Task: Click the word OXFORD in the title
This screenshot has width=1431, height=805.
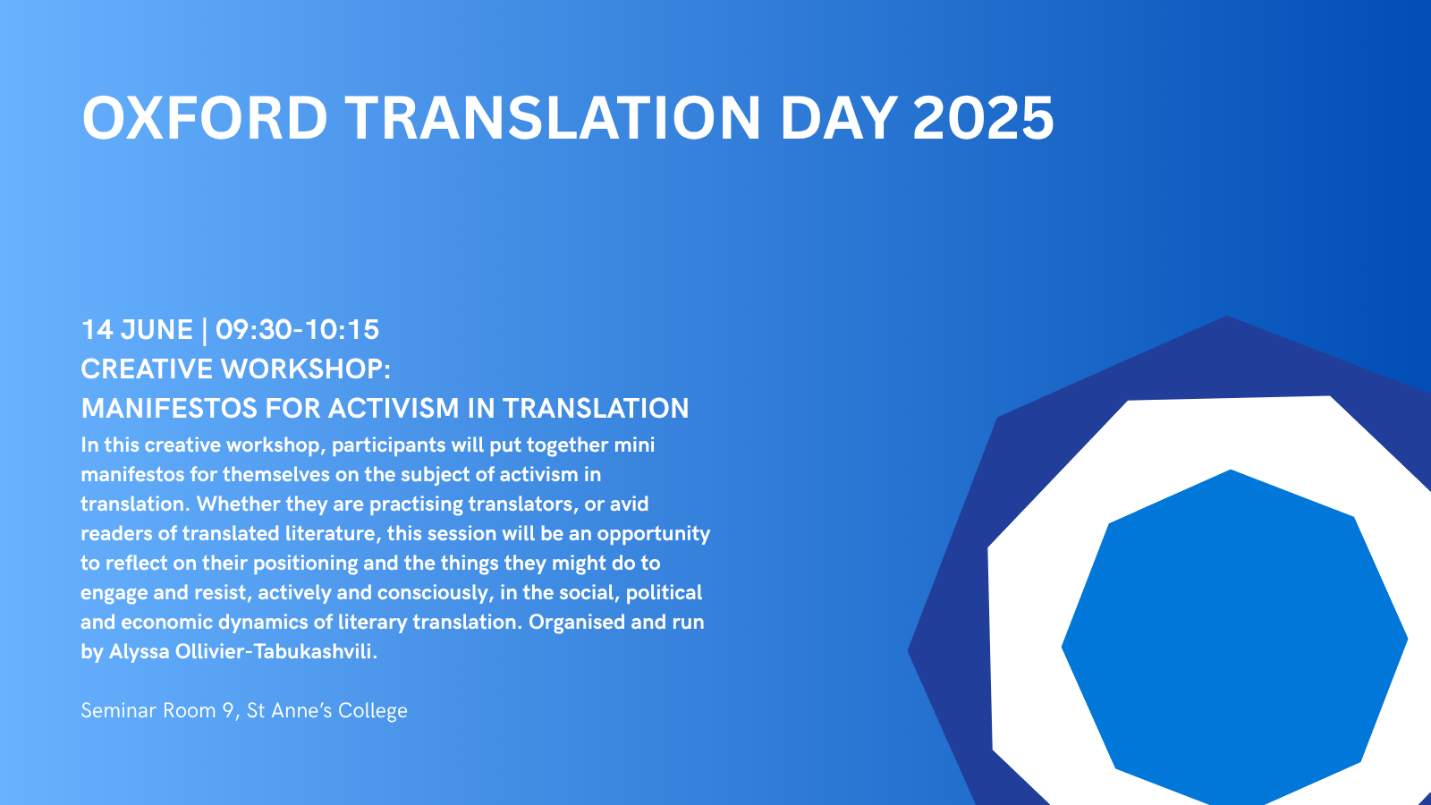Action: [205, 118]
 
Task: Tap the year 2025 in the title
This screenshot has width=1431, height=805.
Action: [983, 118]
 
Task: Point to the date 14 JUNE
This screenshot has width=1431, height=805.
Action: [137, 330]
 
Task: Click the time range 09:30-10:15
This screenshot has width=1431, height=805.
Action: [297, 330]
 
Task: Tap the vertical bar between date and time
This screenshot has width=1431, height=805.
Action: [205, 331]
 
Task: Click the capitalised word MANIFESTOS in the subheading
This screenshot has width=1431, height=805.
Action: [169, 409]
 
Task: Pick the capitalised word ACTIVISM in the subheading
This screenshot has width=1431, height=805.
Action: [394, 409]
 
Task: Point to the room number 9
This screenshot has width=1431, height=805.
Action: [229, 710]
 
